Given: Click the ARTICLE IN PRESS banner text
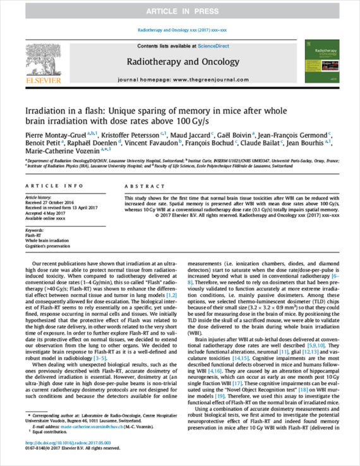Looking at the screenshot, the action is coord(179,12).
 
